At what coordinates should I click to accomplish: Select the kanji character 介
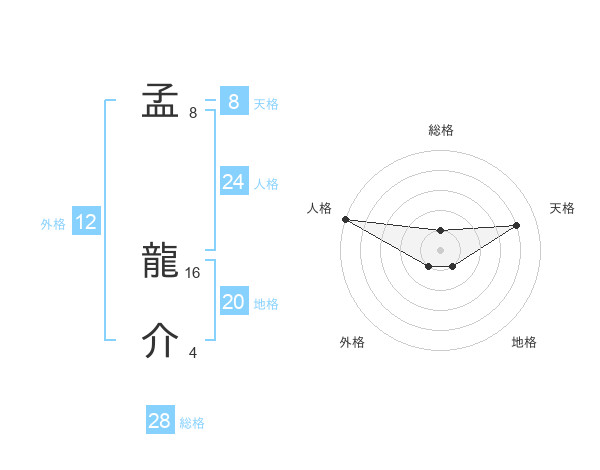point(160,341)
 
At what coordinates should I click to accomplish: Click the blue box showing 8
point(233,101)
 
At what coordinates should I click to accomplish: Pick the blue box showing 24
point(233,182)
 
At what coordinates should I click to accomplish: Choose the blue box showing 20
point(233,302)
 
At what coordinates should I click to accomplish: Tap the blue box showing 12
point(86,222)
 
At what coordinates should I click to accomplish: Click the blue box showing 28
point(160,421)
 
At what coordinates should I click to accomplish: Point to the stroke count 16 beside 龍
point(194,272)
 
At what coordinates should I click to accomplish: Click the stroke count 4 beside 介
point(193,352)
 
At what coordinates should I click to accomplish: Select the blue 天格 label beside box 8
point(266,103)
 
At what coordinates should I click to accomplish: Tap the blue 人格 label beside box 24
point(266,184)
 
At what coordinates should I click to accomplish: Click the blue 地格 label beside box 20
point(266,304)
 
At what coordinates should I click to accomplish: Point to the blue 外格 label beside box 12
point(53,224)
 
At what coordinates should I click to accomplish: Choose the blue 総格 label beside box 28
point(192,423)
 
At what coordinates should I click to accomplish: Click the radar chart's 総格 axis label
point(440,130)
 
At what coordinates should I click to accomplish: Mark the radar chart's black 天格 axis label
point(563,208)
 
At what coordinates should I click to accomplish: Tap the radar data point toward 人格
point(345,219)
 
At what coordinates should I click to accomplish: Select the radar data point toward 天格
point(517,225)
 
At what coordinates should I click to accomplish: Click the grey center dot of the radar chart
point(440,249)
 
